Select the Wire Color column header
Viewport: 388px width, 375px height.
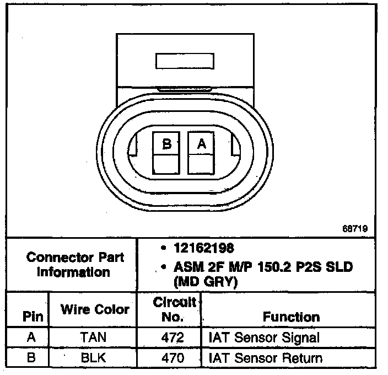95,309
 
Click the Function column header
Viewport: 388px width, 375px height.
291,317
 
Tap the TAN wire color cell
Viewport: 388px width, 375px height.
94,337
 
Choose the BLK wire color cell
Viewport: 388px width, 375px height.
94,358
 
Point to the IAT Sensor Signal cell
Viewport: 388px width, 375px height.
264,337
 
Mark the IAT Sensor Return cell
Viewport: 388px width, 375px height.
265,358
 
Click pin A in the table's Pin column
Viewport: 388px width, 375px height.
31,337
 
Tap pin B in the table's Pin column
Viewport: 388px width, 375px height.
31,358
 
